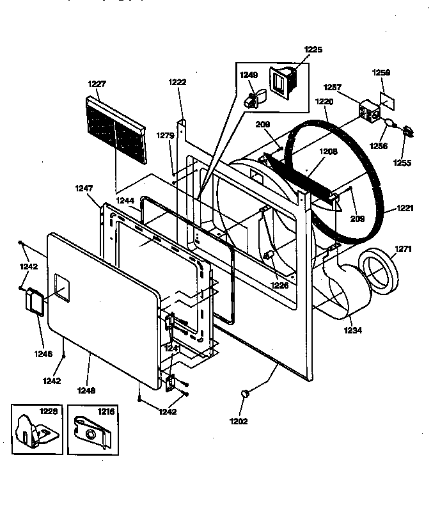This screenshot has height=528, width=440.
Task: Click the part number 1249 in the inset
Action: pos(249,76)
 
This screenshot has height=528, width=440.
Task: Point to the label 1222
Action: pos(177,82)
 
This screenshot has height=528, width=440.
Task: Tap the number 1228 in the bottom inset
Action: pos(48,412)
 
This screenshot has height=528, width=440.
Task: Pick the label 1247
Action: pos(84,189)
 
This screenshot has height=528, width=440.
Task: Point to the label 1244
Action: pos(125,201)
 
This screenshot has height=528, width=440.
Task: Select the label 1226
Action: pos(279,285)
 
